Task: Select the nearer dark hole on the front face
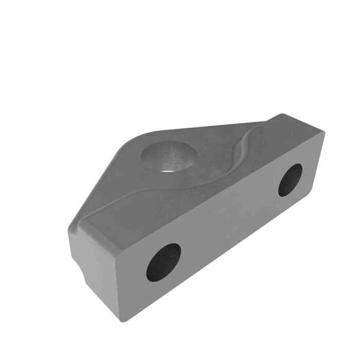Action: pyautogui.click(x=164, y=262)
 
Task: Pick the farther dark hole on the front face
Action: pyautogui.click(x=291, y=179)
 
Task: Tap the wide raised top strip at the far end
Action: pyautogui.click(x=288, y=136)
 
